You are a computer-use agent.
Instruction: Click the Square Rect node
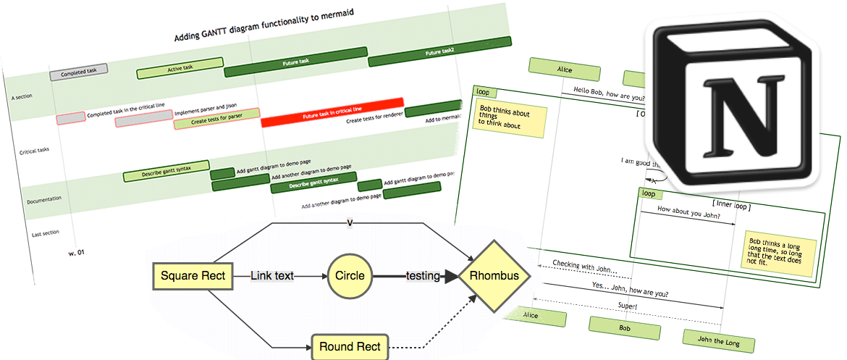click(x=193, y=276)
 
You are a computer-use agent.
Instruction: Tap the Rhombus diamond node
click(x=494, y=276)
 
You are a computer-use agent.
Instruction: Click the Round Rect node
click(x=350, y=346)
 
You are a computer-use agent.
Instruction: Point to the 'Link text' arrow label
click(x=272, y=276)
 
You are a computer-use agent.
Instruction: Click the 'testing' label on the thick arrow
click(x=423, y=276)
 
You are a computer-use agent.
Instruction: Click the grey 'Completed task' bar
click(x=79, y=72)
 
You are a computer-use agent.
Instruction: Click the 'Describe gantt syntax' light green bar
click(x=166, y=172)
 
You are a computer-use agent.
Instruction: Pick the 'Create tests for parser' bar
click(x=216, y=119)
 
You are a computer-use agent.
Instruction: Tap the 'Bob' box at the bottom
click(x=625, y=327)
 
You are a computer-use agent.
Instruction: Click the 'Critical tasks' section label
click(x=35, y=151)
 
